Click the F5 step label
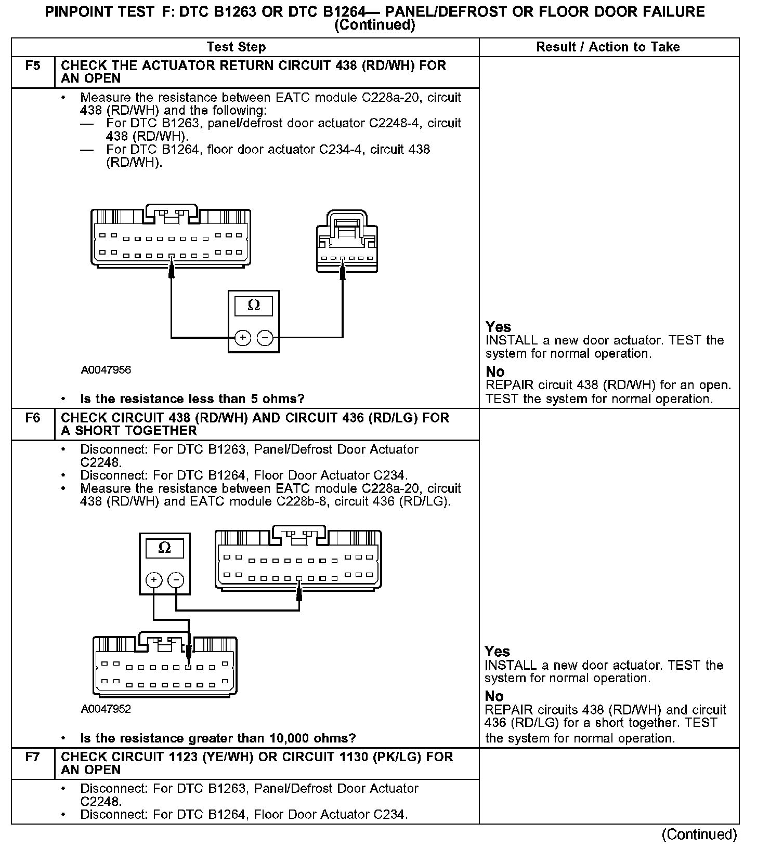pos(32,66)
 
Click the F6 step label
pos(32,418)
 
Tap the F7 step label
pos(32,757)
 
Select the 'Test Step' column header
pos(236,47)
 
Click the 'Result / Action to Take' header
pos(608,47)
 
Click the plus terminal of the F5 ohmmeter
pos(243,338)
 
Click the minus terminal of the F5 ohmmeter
pos(265,338)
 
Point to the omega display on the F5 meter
pos(254,306)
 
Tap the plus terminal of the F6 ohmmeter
pos(153,580)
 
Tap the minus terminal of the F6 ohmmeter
pos(176,580)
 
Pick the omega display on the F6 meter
pos(164,548)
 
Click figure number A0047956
pos(106,370)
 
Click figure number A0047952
pos(106,709)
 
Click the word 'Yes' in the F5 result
pos(498,327)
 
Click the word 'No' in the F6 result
pos(494,696)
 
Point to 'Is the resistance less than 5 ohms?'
pos(192,399)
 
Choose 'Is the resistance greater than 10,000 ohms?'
pos(218,738)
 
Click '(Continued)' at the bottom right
pos(699,834)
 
